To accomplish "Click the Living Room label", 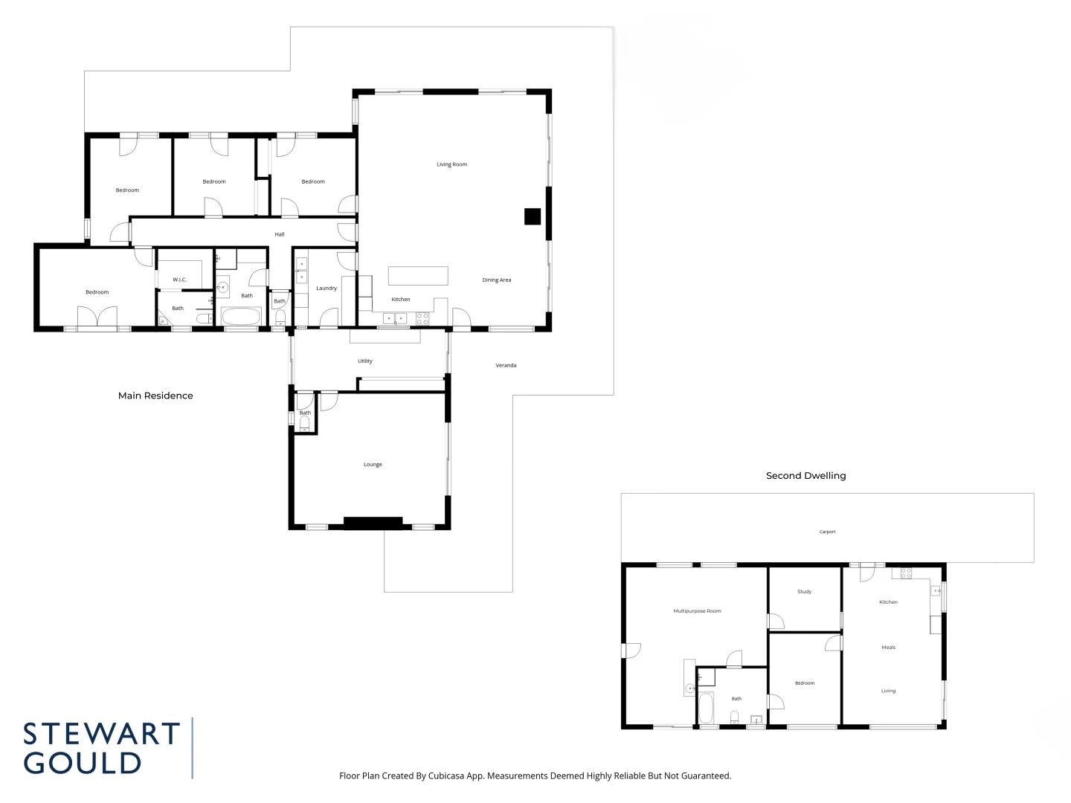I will tap(451, 164).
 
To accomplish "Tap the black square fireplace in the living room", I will tap(532, 216).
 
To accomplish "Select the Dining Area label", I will tap(496, 280).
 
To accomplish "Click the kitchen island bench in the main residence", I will tap(418, 275).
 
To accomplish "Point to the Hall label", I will tap(280, 234).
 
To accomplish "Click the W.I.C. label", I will tap(179, 280).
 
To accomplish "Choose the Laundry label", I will tap(327, 288).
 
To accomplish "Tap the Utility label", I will tap(364, 361).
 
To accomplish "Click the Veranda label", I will tap(506, 366).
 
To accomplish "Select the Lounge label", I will tap(373, 465).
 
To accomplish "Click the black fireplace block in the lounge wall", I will tap(373, 523).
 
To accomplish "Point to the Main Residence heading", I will tap(155, 396).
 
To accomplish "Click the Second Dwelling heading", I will tap(805, 476).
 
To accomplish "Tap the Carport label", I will tap(827, 532).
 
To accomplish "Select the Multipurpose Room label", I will tap(697, 611).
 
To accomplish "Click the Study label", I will tap(804, 592).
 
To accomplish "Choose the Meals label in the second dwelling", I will tap(888, 648).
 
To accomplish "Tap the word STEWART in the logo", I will tap(101, 734).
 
